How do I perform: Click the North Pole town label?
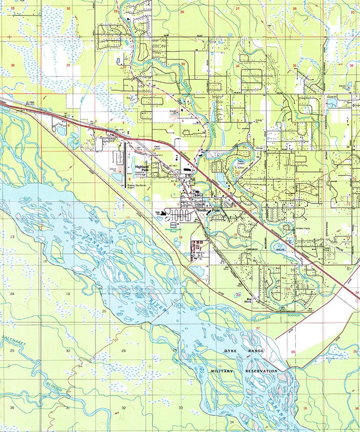click(204, 211)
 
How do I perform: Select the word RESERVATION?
click(261, 371)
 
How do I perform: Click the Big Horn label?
click(248, 300)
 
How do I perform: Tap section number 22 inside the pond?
click(238, 295)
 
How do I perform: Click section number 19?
click(68, 294)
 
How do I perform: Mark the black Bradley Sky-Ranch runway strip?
click(125, 166)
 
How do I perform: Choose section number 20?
click(104, 311)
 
